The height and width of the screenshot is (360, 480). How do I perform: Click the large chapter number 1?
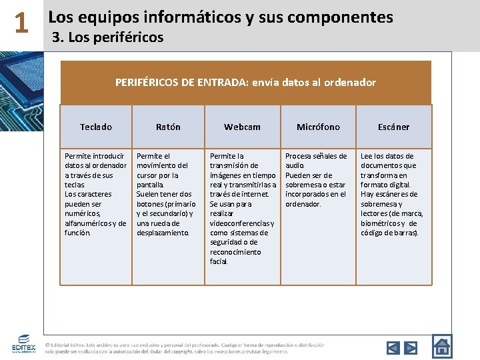tap(21, 24)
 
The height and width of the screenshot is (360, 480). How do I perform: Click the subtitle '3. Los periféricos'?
tap(107, 37)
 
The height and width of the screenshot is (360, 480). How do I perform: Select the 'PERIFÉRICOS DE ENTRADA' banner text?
tap(245, 83)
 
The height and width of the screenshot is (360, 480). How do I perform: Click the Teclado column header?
tap(96, 127)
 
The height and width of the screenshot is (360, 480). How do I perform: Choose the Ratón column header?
tap(168, 127)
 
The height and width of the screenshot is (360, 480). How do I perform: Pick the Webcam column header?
tap(242, 127)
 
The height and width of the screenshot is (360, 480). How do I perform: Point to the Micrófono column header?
tap(318, 127)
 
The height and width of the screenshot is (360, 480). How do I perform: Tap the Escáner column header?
tap(393, 127)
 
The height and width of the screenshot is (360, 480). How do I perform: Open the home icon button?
tap(442, 345)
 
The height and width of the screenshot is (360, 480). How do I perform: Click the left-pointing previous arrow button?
tap(393, 347)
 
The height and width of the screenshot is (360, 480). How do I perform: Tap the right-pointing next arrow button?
tap(411, 347)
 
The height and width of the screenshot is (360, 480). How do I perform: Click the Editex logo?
tap(23, 344)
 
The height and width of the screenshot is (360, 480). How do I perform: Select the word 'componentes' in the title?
tap(336, 17)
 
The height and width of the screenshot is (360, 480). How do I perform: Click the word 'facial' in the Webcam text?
tap(219, 261)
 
